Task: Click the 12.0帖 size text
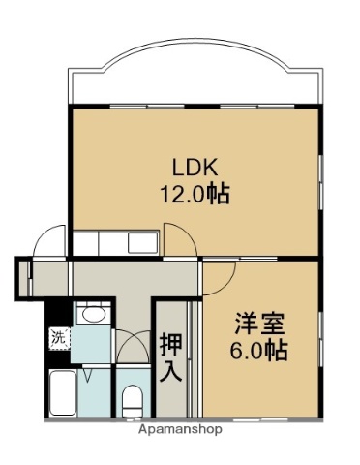(x=194, y=192)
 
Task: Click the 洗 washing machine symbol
(x=58, y=339)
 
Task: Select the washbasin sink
(x=93, y=315)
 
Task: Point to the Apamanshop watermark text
(x=180, y=428)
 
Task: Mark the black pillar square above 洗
(x=58, y=313)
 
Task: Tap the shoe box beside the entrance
(x=23, y=277)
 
